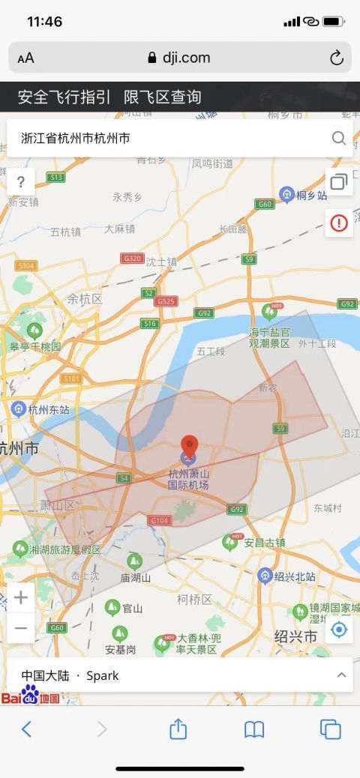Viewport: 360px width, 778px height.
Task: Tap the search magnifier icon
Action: coord(339,138)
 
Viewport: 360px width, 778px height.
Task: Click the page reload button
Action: coord(337,58)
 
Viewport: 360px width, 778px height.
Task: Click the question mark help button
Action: coord(21,181)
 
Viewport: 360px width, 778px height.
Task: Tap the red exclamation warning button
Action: coord(339,223)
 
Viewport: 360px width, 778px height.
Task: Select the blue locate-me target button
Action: coord(339,630)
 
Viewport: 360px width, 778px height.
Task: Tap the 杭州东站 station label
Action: coord(48,409)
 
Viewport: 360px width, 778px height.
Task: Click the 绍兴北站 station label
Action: coord(295,576)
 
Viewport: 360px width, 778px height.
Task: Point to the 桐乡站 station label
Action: coord(311,196)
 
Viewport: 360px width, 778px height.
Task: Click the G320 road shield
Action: coord(132,258)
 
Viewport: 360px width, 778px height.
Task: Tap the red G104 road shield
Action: coord(160,519)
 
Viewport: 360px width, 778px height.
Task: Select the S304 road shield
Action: coord(25,265)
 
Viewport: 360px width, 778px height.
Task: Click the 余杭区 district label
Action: coord(84,298)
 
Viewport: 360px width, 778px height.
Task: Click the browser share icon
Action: coord(178,729)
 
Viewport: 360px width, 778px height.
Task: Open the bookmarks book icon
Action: coord(254,729)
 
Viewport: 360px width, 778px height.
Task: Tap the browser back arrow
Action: coord(26,729)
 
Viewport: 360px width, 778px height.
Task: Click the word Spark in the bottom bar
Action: coord(103,675)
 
